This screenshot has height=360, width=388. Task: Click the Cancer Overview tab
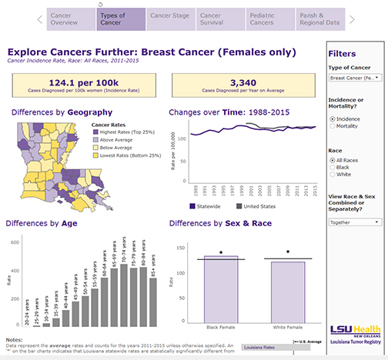[70, 18]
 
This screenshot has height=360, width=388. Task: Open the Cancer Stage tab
[169, 18]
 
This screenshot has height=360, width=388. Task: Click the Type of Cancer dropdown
[353, 78]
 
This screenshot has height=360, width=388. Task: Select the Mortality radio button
[333, 125]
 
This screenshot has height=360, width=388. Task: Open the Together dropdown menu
[353, 222]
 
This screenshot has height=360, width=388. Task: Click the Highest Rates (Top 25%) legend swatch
[96, 131]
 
